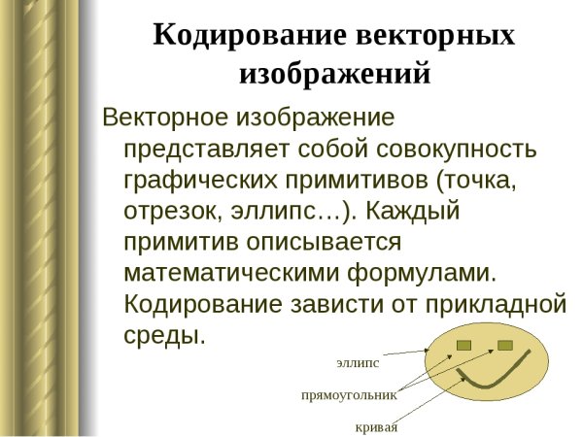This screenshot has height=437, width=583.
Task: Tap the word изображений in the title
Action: [x=334, y=73]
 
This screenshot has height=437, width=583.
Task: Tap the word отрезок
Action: [x=173, y=211]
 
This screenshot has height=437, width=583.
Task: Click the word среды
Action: [x=165, y=335]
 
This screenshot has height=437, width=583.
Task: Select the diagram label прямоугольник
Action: [x=350, y=395]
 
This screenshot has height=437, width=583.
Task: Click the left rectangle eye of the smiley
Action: [x=463, y=345]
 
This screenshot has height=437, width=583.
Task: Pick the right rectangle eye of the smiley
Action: [x=504, y=345]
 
